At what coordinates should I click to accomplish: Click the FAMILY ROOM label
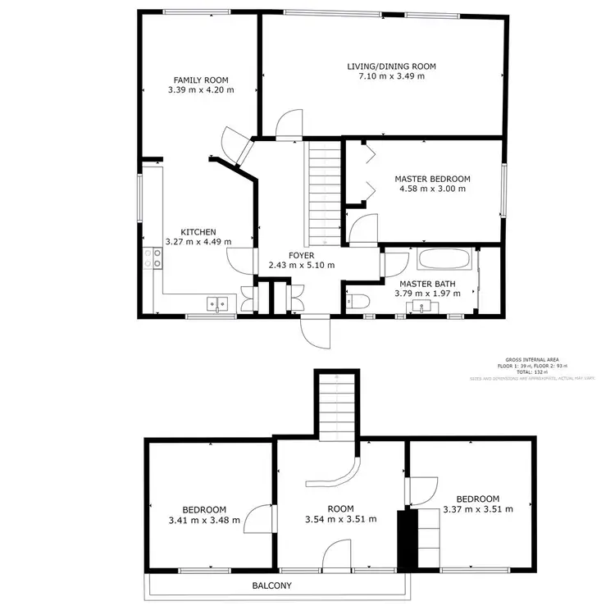click(200, 80)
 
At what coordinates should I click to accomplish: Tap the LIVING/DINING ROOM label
click(391, 66)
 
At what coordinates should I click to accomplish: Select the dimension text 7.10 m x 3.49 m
click(391, 77)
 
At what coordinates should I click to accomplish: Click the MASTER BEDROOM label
click(432, 179)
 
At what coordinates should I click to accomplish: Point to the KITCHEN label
click(198, 232)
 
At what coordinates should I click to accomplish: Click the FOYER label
click(301, 255)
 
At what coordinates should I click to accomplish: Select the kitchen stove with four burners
click(153, 259)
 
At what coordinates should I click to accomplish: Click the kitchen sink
click(217, 304)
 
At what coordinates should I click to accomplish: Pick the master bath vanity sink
click(421, 307)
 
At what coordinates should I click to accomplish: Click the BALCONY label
click(271, 585)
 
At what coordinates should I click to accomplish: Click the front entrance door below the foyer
click(314, 332)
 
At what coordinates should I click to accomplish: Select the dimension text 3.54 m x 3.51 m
click(339, 519)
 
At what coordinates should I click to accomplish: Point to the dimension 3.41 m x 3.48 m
click(204, 520)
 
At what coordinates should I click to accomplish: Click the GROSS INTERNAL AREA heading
click(532, 359)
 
